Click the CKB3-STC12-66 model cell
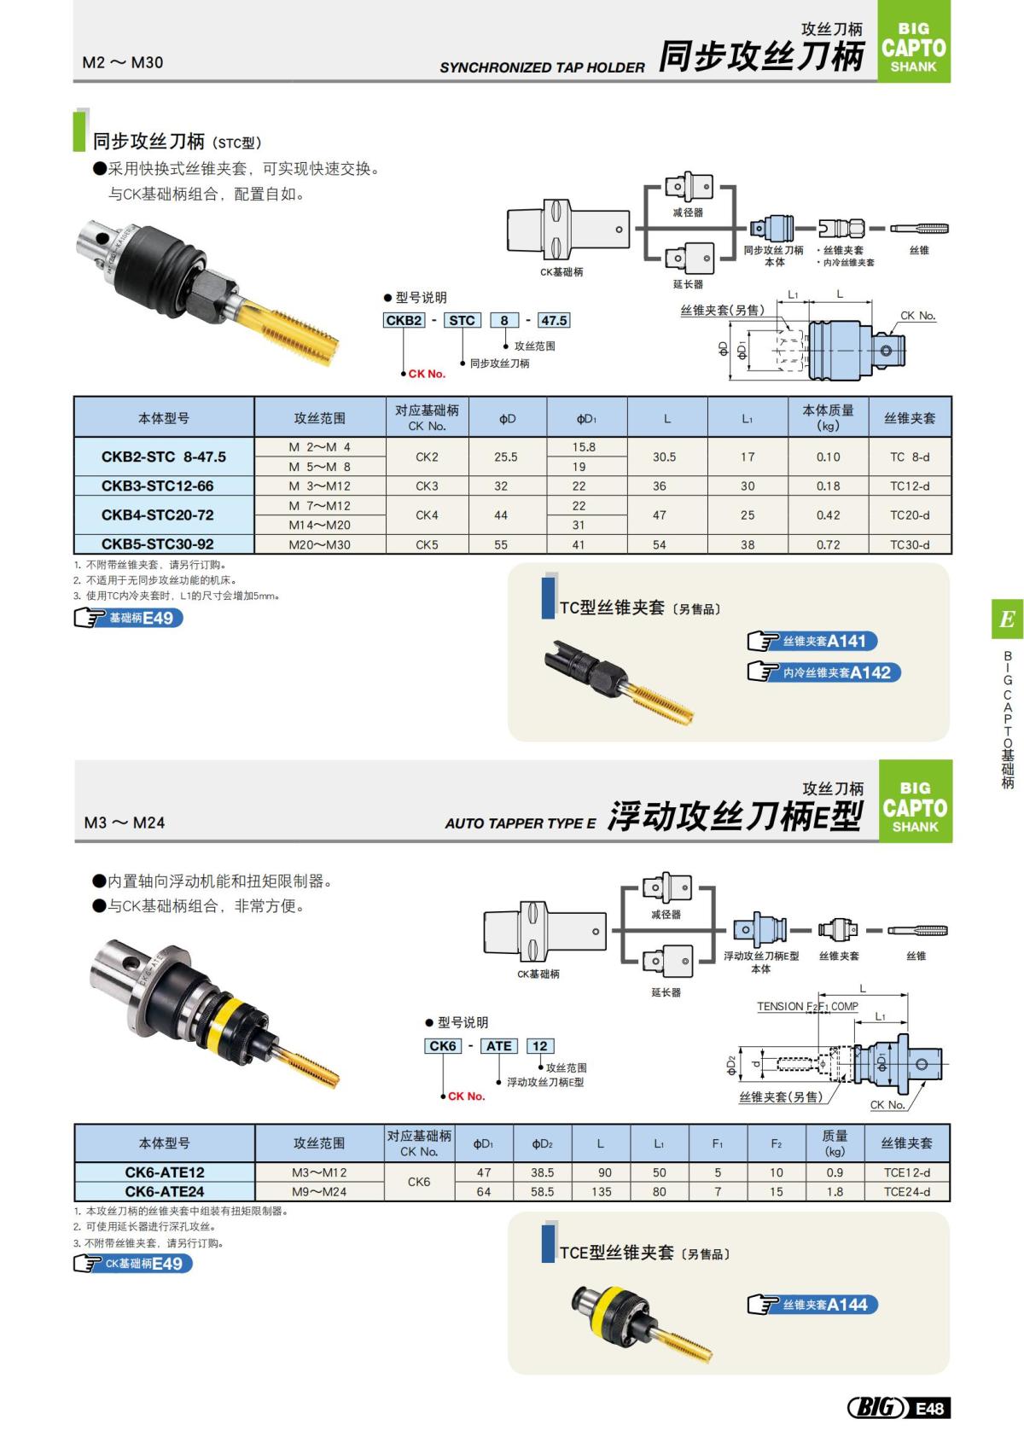(x=158, y=486)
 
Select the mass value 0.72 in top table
(x=828, y=544)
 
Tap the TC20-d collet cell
(x=910, y=515)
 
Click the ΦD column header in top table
(x=508, y=418)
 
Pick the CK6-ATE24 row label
(x=165, y=1192)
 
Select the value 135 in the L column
(x=601, y=1192)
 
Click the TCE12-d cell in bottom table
(x=907, y=1172)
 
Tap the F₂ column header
(x=777, y=1143)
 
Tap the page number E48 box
(x=929, y=1408)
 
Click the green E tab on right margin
(x=1007, y=619)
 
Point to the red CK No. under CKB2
(x=427, y=374)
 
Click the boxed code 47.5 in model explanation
(x=554, y=321)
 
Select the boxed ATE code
(x=499, y=1046)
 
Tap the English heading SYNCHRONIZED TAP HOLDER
(x=542, y=67)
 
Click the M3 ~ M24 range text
(x=125, y=823)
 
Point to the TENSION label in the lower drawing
(x=780, y=1007)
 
